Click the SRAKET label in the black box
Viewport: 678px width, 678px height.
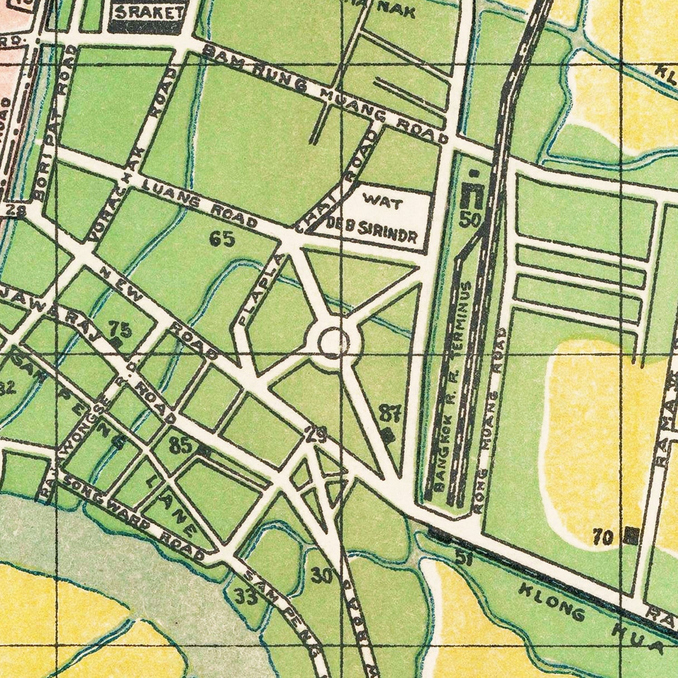click(x=147, y=14)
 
